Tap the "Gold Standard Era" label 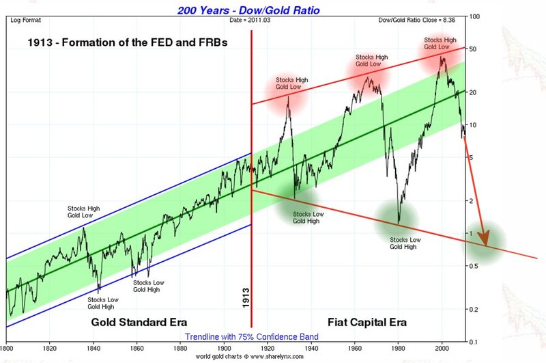point(139,321)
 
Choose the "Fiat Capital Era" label point(367,321)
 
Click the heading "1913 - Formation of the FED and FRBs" point(128,42)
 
